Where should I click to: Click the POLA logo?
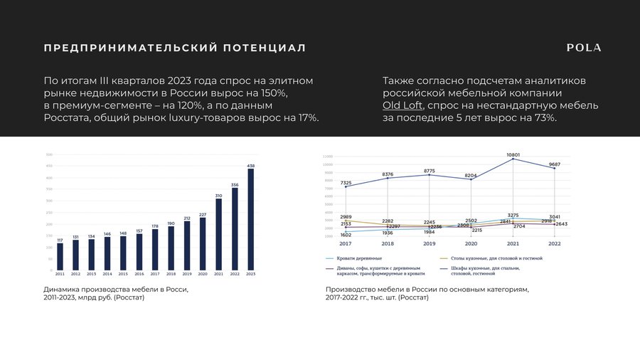click(584, 48)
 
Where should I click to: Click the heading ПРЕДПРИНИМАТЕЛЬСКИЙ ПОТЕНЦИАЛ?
click(175, 48)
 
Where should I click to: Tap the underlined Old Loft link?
click(402, 106)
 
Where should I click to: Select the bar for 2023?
click(250, 219)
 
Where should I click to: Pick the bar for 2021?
click(219, 235)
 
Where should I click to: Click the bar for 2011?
click(60, 257)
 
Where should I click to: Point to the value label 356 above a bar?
click(235, 185)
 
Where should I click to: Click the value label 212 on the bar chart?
click(187, 218)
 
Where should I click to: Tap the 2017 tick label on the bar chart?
click(155, 274)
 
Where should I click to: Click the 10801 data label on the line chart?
click(513, 154)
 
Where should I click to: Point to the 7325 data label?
click(346, 183)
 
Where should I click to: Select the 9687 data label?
click(555, 164)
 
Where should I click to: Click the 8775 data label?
click(430, 171)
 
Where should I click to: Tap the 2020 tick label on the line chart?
click(471, 243)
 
